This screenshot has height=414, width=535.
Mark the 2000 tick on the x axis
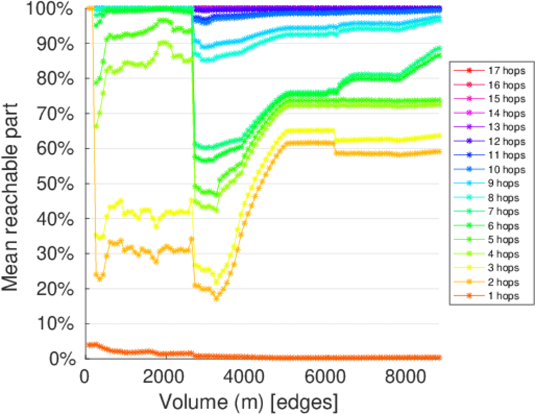click(x=165, y=375)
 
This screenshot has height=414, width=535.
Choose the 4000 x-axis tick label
click(x=244, y=375)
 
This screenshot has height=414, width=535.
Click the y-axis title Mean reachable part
click(x=15, y=184)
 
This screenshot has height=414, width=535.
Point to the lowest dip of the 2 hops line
click(x=216, y=298)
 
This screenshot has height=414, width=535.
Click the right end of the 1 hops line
click(x=439, y=357)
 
